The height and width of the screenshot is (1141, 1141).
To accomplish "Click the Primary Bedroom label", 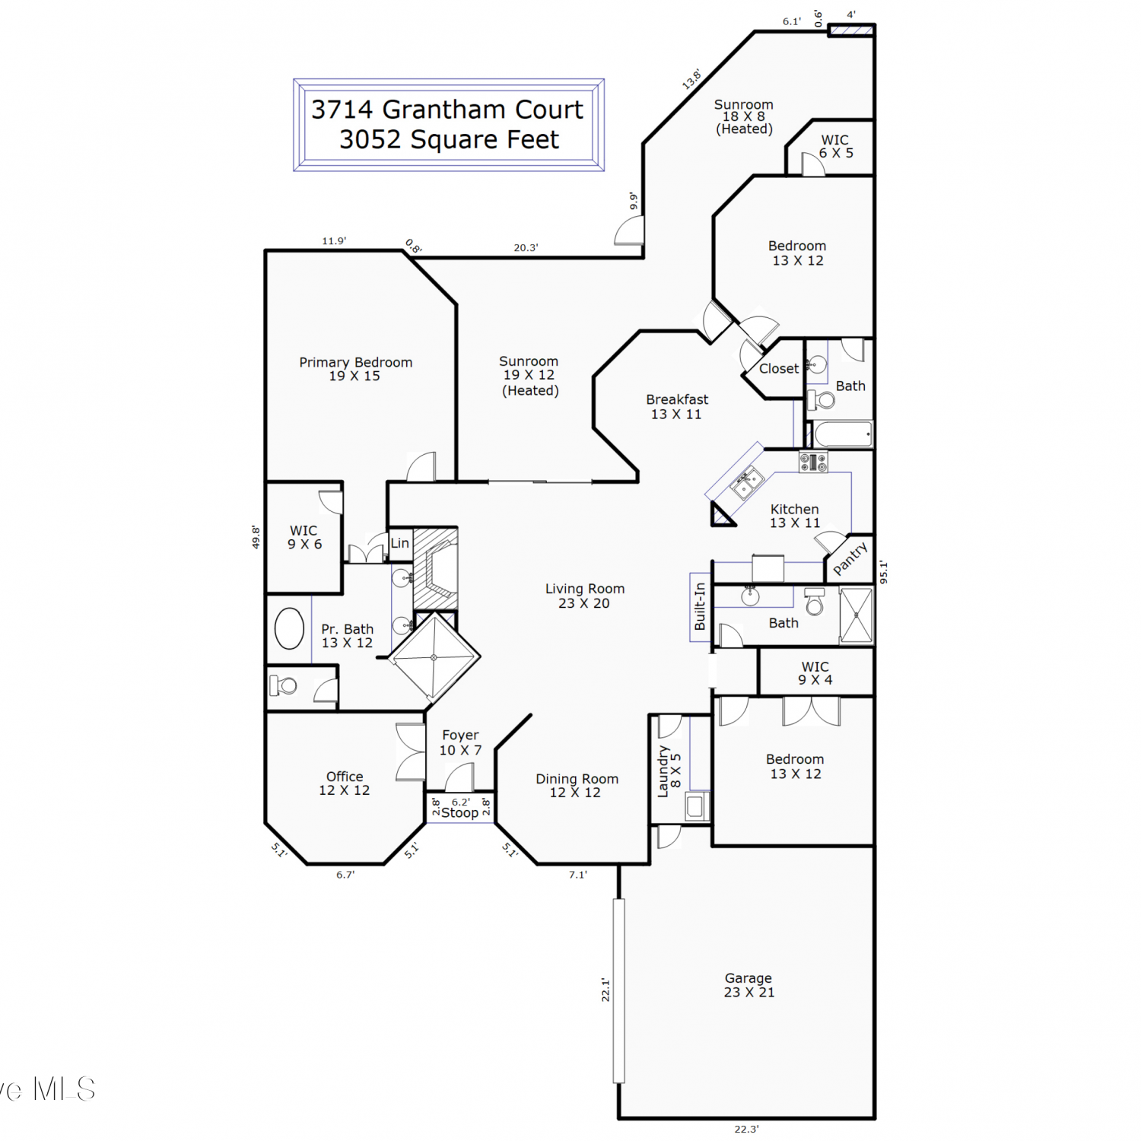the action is click(355, 369).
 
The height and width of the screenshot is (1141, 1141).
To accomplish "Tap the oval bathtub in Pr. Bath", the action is click(289, 628).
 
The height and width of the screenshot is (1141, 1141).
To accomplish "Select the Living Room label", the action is click(584, 596).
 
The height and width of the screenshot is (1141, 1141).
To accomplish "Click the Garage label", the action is click(748, 985).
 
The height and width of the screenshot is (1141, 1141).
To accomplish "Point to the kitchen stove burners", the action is click(813, 462).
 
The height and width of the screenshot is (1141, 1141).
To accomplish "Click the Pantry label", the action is click(850, 558).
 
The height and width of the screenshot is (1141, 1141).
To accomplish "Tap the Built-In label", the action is click(700, 606).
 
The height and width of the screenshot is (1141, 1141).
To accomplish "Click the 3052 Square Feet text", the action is click(449, 140).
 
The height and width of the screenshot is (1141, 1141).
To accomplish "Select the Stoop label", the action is click(459, 812).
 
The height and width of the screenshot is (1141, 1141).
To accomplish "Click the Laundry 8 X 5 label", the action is click(669, 771).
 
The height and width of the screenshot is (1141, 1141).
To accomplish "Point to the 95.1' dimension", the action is click(883, 572).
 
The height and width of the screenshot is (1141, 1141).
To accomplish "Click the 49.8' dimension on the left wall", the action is click(256, 537).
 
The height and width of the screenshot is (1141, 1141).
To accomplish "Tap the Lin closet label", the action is click(399, 543).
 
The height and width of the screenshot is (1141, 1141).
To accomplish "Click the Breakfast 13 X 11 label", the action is click(676, 407).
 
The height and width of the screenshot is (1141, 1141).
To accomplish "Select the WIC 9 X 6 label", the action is click(304, 537).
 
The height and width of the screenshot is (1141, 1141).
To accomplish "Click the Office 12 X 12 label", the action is click(344, 783).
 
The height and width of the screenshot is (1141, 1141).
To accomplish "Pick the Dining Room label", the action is click(577, 786).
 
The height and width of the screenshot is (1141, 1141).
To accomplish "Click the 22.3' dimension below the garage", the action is click(746, 1129).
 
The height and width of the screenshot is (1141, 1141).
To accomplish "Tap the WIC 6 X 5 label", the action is click(835, 146).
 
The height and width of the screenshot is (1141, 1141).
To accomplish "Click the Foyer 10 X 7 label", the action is click(460, 742).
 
